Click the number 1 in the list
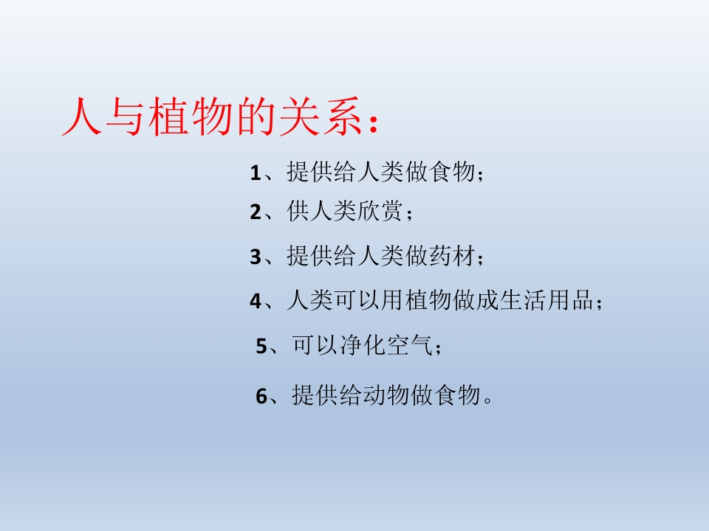point(256,173)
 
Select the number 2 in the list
point(256,212)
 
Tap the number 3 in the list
point(256,257)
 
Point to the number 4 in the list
point(256,301)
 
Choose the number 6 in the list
point(261,396)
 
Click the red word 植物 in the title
point(194,118)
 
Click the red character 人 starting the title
point(82,118)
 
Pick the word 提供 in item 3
point(309,257)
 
